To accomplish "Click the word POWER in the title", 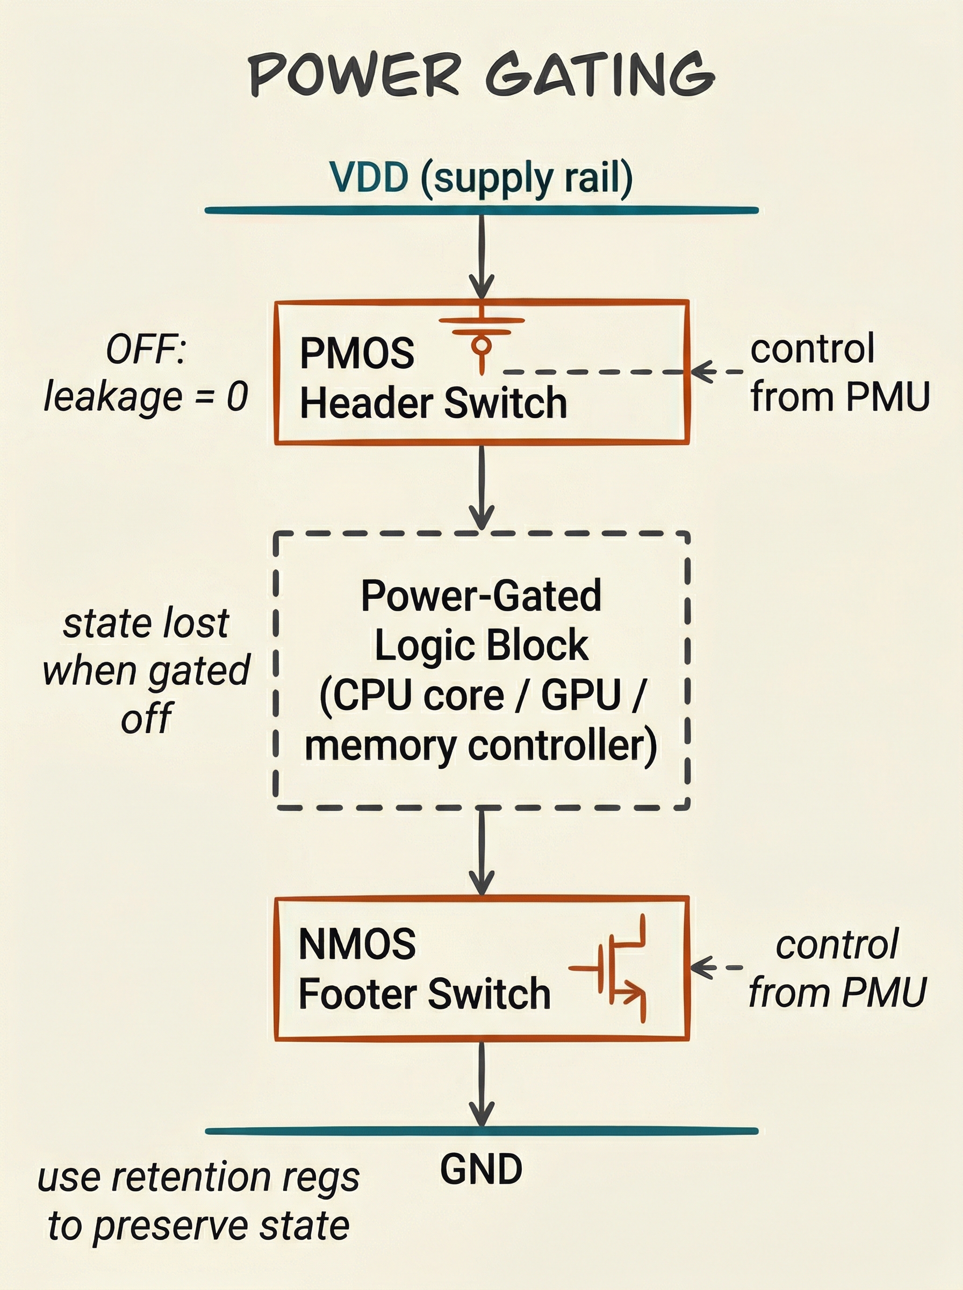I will coord(355,75).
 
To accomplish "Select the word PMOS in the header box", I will coord(357,353).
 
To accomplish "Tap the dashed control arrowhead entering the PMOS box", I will coord(703,371).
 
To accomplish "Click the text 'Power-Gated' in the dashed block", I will coord(482,596).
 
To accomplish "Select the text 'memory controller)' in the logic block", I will coord(482,746).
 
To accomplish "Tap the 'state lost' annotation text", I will coord(146,623).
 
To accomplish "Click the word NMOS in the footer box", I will coord(357,944).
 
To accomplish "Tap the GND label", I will coord(482,1170).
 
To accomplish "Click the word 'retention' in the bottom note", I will coord(191,1178).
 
